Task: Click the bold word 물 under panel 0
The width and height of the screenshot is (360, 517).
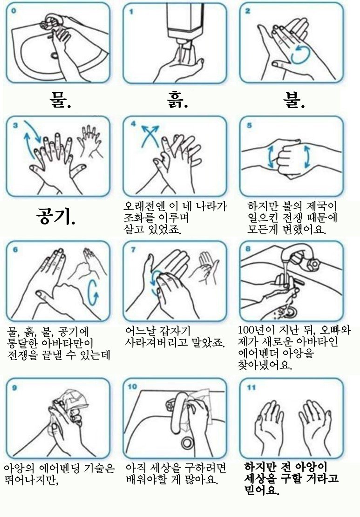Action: click(57, 100)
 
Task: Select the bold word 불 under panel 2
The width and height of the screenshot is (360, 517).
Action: click(292, 100)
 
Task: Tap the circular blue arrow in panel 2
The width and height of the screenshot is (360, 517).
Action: click(300, 54)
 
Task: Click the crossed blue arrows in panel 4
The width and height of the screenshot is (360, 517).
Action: click(150, 135)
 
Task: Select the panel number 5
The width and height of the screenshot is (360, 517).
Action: click(249, 125)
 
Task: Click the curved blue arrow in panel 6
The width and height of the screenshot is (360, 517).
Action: click(93, 293)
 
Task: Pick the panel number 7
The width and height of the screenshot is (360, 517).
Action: click(133, 250)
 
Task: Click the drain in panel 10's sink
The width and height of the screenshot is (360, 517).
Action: click(188, 442)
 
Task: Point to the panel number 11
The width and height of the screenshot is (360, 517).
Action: click(251, 387)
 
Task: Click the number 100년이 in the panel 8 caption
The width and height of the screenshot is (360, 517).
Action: click(256, 330)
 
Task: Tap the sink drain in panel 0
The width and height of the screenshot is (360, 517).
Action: click(55, 55)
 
